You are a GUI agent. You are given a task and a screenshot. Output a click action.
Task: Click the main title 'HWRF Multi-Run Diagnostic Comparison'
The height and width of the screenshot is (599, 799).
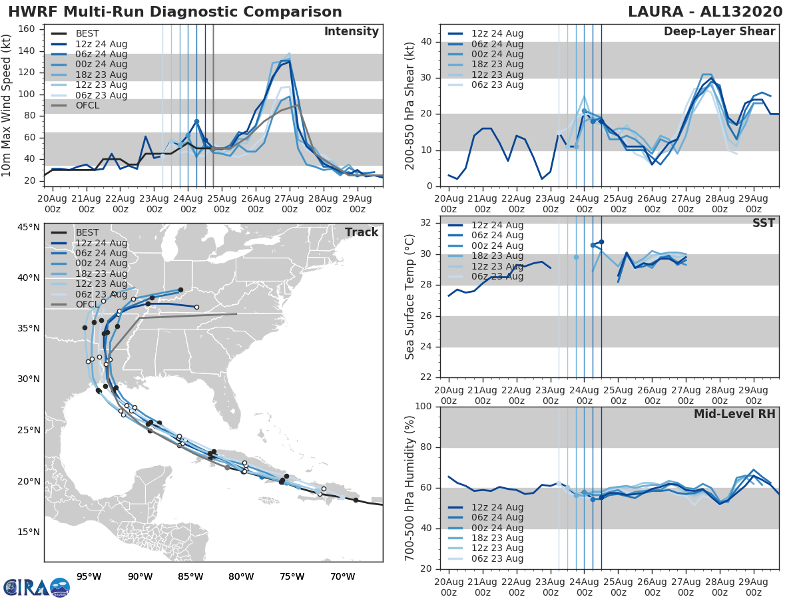coord(175,12)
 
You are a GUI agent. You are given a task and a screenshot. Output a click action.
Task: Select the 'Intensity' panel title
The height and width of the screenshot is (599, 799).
coord(351,32)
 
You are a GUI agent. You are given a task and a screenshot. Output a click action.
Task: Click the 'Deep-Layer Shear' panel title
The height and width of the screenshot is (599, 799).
coord(719,32)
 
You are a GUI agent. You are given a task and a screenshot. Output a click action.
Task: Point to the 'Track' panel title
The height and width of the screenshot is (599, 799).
coord(361,232)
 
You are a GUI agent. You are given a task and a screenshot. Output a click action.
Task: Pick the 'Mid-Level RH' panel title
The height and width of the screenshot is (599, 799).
coord(734,415)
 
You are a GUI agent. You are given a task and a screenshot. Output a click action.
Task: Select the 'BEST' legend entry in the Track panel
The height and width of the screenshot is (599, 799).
coord(87,232)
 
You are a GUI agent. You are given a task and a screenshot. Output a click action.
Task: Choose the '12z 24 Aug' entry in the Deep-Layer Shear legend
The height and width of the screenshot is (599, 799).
coord(497,33)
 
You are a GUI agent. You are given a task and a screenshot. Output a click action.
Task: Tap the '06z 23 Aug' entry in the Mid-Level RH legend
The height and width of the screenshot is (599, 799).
coord(497,558)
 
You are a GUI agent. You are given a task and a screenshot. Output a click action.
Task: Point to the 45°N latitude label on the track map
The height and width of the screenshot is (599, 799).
coord(28,228)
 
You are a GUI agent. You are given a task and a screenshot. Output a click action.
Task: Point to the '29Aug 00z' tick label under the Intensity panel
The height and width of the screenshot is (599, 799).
coord(357,204)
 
